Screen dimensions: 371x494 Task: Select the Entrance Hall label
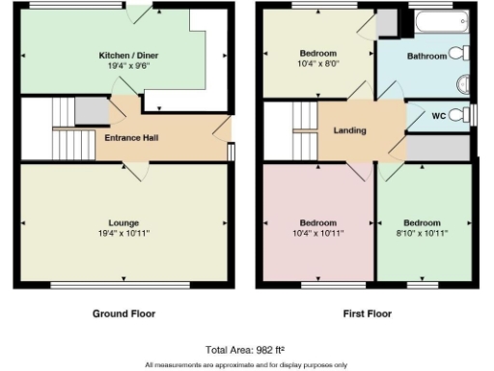pyautogui.click(x=131, y=138)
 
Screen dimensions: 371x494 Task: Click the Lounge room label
pyautogui.click(x=123, y=222)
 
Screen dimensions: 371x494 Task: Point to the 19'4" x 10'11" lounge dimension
pyautogui.click(x=123, y=234)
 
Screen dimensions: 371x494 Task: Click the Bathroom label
pyautogui.click(x=425, y=56)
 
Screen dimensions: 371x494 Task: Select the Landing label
pyautogui.click(x=349, y=130)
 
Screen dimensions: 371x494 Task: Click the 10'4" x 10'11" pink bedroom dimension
pyautogui.click(x=316, y=234)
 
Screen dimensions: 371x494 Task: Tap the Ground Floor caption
pyautogui.click(x=123, y=314)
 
